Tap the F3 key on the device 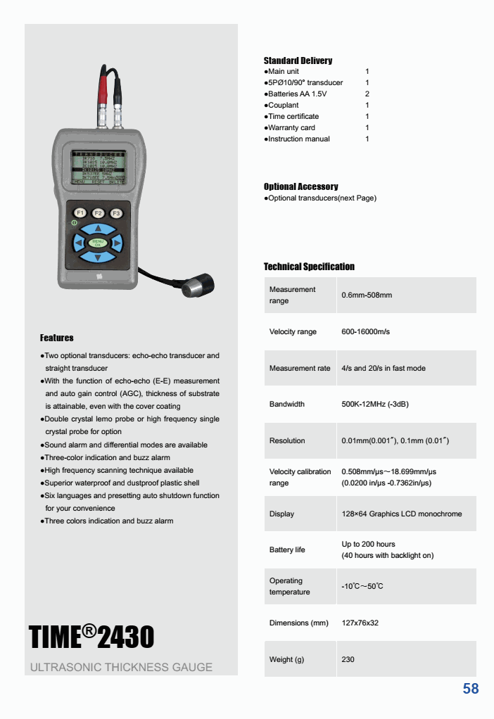[x=117, y=212]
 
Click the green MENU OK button [x=98, y=243]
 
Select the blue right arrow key [x=117, y=243]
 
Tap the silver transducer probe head [x=198, y=287]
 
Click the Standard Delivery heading [x=298, y=61]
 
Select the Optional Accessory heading [x=300, y=186]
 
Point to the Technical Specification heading [x=309, y=267]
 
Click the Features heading [x=56, y=338]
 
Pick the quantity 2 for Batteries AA [x=367, y=94]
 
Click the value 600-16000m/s [x=365, y=331]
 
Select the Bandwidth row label [x=287, y=404]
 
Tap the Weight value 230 [x=348, y=659]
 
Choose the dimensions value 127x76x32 [x=360, y=623]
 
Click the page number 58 [x=471, y=689]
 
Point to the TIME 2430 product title [x=91, y=637]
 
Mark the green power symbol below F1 [x=74, y=223]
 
